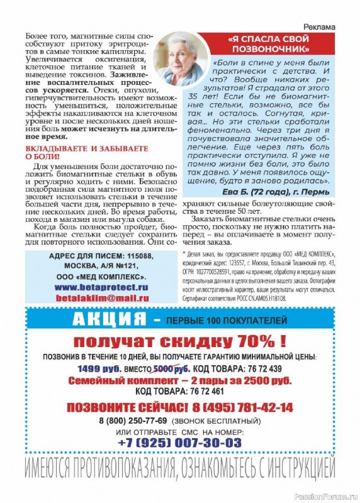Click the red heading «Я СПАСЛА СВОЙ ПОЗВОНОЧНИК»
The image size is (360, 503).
[269, 43]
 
